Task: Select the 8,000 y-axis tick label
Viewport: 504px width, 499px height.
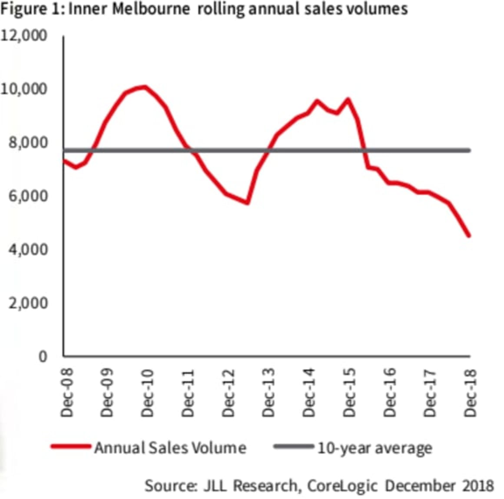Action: (27, 143)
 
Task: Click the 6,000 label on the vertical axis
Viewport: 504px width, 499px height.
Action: (27, 196)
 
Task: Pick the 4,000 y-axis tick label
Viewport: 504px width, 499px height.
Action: (27, 249)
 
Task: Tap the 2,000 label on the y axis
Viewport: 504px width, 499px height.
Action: (27, 303)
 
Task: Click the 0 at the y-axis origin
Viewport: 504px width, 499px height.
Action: (43, 356)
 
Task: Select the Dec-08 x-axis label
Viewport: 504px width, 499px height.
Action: (67, 393)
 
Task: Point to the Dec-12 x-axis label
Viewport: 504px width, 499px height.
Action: (229, 393)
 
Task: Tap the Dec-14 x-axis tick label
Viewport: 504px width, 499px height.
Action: (309, 393)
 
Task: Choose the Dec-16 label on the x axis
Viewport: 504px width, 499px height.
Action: (390, 393)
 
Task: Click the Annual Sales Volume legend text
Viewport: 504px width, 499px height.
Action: (170, 448)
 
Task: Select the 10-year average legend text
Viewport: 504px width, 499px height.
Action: (375, 448)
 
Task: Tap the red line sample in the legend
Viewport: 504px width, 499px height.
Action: (71, 447)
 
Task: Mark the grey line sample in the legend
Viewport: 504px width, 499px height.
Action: (294, 447)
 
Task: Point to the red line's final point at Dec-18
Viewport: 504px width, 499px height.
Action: (469, 236)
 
